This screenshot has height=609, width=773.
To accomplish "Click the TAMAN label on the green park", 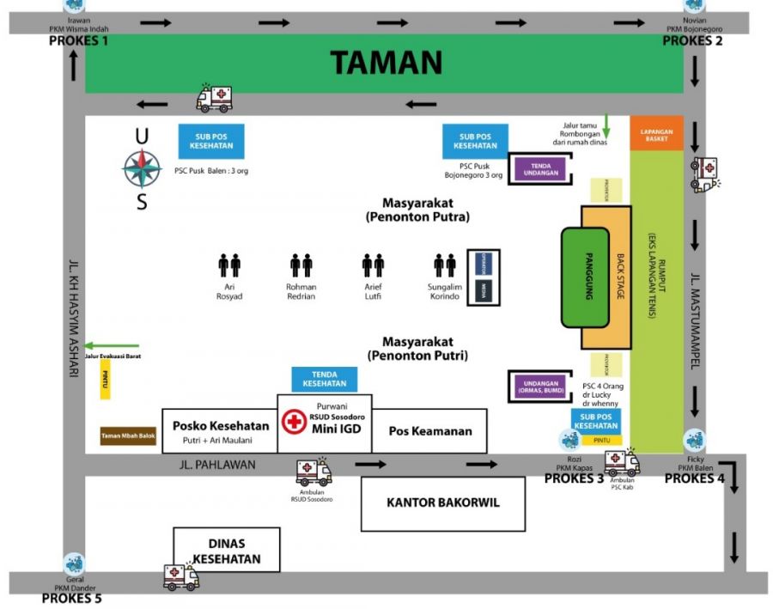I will pyautogui.click(x=386, y=62).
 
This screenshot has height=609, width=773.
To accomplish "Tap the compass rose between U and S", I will pyautogui.click(x=142, y=168).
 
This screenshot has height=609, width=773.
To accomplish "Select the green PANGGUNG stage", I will pyautogui.click(x=586, y=277).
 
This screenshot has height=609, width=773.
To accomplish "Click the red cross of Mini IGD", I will pyautogui.click(x=294, y=422).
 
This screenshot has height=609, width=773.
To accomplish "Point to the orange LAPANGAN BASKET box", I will pyautogui.click(x=656, y=132).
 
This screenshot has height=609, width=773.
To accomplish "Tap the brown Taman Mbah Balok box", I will pyautogui.click(x=128, y=435).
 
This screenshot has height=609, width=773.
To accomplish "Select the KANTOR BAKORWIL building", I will pyautogui.click(x=442, y=503).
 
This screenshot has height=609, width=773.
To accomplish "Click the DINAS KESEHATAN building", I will pyautogui.click(x=227, y=551).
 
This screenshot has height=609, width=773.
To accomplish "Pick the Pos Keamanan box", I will pyautogui.click(x=430, y=431).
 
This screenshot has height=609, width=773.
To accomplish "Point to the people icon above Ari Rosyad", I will pyautogui.click(x=229, y=265).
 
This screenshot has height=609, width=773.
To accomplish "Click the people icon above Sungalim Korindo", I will pyautogui.click(x=445, y=265).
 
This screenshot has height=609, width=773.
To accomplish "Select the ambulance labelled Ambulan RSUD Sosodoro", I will pyautogui.click(x=313, y=471).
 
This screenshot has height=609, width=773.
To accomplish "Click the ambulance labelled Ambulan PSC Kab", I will pyautogui.click(x=621, y=462).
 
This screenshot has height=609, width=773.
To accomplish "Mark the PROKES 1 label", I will pyautogui.click(x=79, y=40).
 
